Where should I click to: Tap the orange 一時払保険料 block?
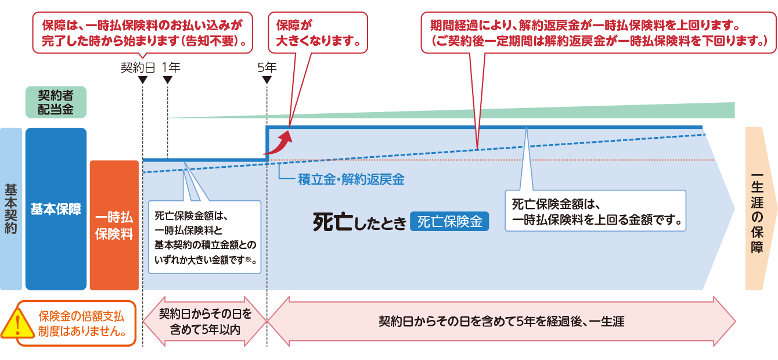point(114,225)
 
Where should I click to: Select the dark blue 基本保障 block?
point(56,209)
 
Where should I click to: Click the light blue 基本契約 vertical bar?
point(11,209)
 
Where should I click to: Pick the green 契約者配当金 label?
point(56,102)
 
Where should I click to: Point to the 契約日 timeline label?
point(138,67)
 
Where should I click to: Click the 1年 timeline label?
point(171,67)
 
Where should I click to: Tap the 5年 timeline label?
point(266,67)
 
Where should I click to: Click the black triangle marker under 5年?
point(266,80)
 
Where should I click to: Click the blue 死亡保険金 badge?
point(449,221)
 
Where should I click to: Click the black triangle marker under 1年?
point(167,80)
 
